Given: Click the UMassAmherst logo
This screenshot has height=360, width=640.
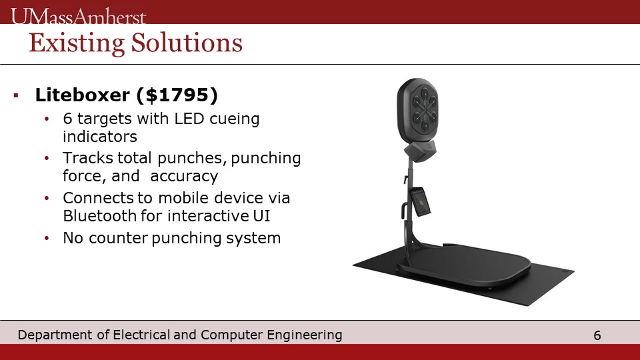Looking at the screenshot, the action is coord(79,16).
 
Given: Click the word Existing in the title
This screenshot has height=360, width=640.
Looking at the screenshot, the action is coord(77,43).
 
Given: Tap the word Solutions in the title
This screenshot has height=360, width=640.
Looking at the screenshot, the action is coord(187,43).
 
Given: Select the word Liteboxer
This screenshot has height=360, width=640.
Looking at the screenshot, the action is coord(83,95).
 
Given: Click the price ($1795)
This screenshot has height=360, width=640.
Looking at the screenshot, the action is coord(177,95).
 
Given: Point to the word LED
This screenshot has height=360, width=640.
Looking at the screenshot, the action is coord(189,119).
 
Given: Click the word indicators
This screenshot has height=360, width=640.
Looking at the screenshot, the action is coord(100,137).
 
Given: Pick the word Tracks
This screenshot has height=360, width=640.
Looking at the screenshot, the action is coord(87,158).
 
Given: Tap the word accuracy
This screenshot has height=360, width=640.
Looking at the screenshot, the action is coord(184,176).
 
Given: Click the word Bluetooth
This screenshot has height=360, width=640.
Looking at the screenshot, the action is coord(99,216).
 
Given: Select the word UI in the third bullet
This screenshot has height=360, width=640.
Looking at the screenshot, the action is coord(261,216).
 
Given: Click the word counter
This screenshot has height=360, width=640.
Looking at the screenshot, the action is coord(118,238).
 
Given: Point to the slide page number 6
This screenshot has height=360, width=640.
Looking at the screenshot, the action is coord(597,335).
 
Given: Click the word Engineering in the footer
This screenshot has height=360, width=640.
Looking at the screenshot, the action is coord(305,335).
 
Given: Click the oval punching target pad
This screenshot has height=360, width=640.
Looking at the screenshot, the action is coord(417,111).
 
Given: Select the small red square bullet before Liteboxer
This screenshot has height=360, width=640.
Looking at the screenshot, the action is coord(16,95).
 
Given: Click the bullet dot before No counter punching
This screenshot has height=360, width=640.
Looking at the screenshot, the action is coord(47,238).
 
